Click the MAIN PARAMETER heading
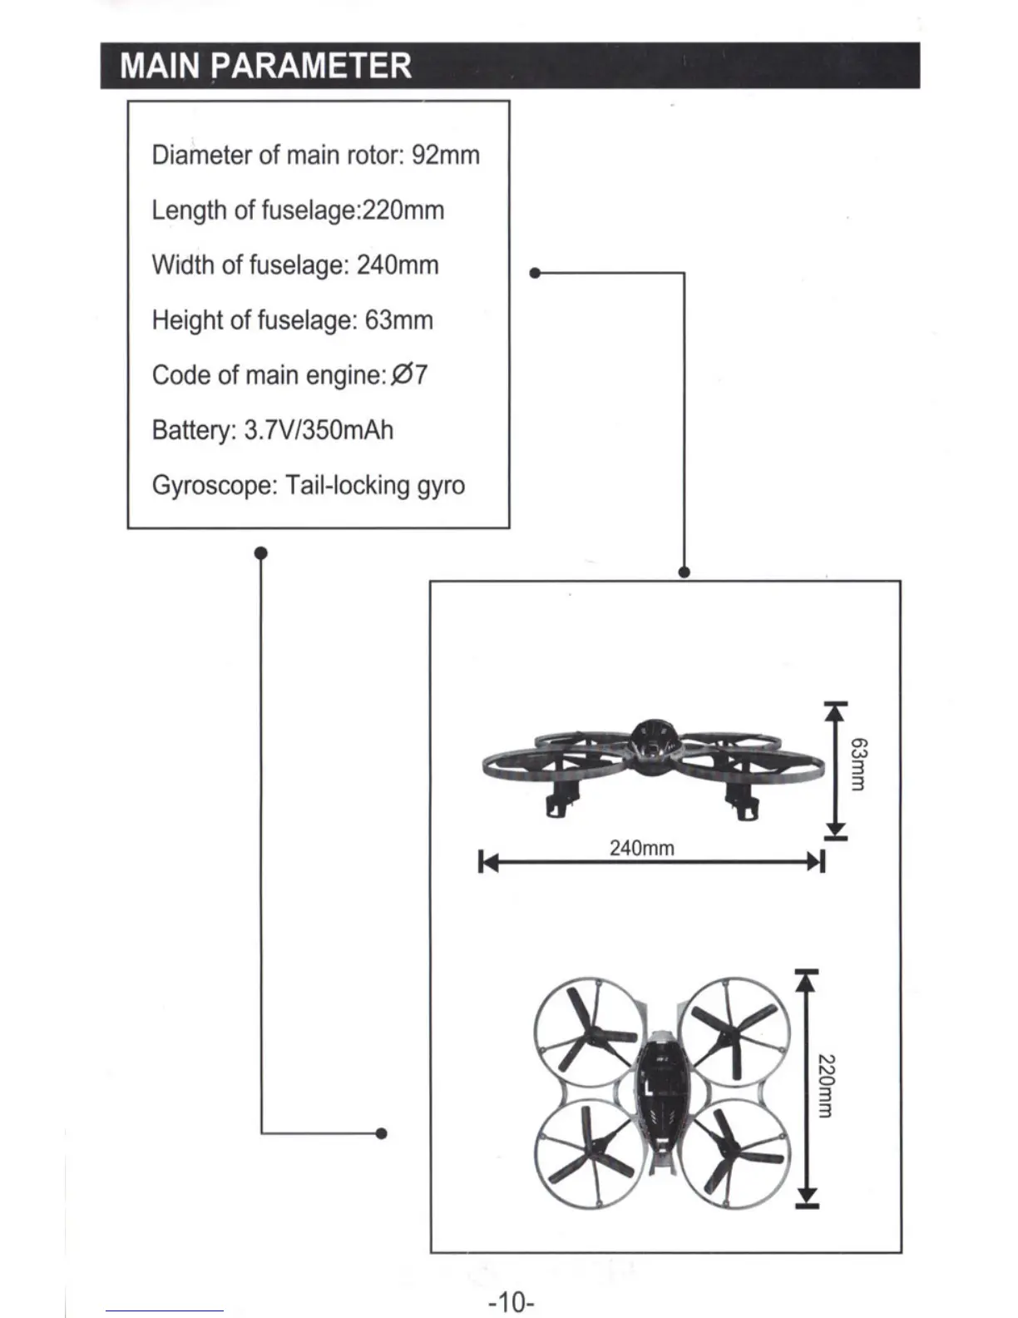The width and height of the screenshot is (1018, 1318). click(265, 66)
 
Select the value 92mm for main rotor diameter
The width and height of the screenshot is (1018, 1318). click(446, 156)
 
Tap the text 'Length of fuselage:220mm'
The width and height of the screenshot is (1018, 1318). click(298, 211)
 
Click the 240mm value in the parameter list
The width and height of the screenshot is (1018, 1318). click(398, 265)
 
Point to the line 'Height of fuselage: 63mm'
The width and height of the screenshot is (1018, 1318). click(292, 320)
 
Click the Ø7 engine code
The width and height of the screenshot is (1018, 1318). click(409, 375)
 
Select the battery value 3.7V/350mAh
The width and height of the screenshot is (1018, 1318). click(319, 430)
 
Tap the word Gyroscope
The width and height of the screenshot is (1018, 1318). click(214, 485)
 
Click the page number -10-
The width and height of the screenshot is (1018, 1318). click(511, 1301)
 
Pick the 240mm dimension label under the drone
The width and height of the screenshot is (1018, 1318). click(641, 848)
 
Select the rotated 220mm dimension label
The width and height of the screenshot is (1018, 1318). click(826, 1086)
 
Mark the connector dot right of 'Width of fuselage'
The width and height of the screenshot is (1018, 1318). click(535, 272)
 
